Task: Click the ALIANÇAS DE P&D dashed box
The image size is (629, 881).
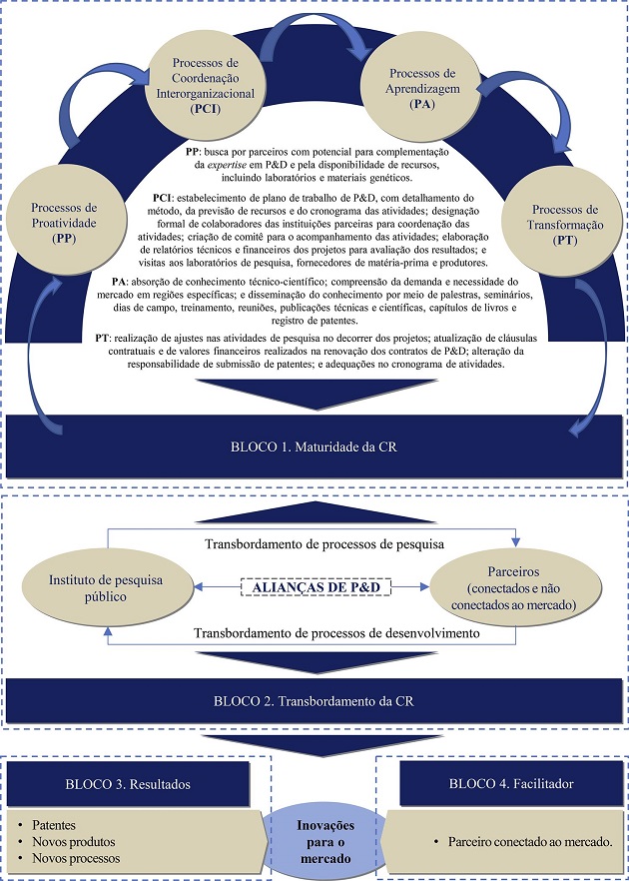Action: point(314,588)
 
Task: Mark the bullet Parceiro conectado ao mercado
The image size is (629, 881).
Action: point(525,843)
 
